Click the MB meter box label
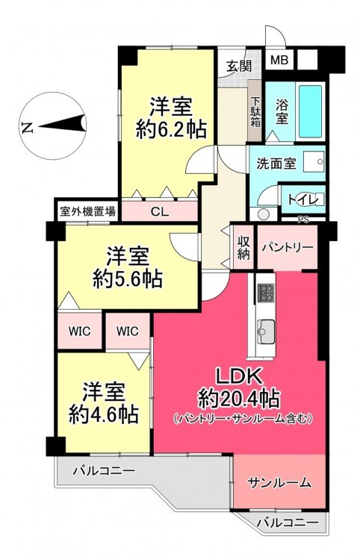pyautogui.click(x=279, y=60)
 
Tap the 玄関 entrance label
pyautogui.click(x=238, y=66)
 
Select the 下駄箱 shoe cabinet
pyautogui.click(x=255, y=112)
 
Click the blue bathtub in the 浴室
pyautogui.click(x=311, y=111)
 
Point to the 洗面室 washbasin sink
pyautogui.click(x=314, y=162)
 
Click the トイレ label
pyautogui.click(x=302, y=199)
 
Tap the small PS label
pyautogui.click(x=302, y=220)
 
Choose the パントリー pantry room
pyautogui.click(x=287, y=247)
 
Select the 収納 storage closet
pyautogui.click(x=243, y=247)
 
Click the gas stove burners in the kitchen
pyautogui.click(x=266, y=293)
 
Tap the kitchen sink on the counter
pyautogui.click(x=266, y=332)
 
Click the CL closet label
pyautogui.click(x=159, y=212)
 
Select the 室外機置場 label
pyautogui.click(x=87, y=212)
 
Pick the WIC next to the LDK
pyautogui.click(x=128, y=331)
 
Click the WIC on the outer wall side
pyautogui.click(x=80, y=331)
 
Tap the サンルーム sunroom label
pyautogui.click(x=279, y=482)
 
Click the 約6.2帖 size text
pyautogui.click(x=171, y=130)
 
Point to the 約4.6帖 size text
pyautogui.click(x=103, y=414)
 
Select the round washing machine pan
pyautogui.click(x=264, y=214)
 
